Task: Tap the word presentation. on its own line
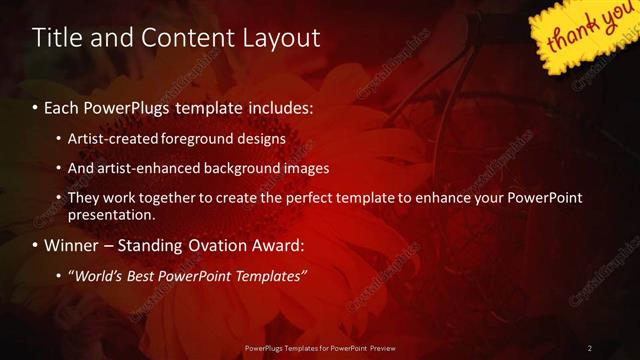[111, 214]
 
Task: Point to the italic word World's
[97, 275]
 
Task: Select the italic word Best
[146, 275]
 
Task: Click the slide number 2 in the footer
[590, 348]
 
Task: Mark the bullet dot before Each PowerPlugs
[37, 106]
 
